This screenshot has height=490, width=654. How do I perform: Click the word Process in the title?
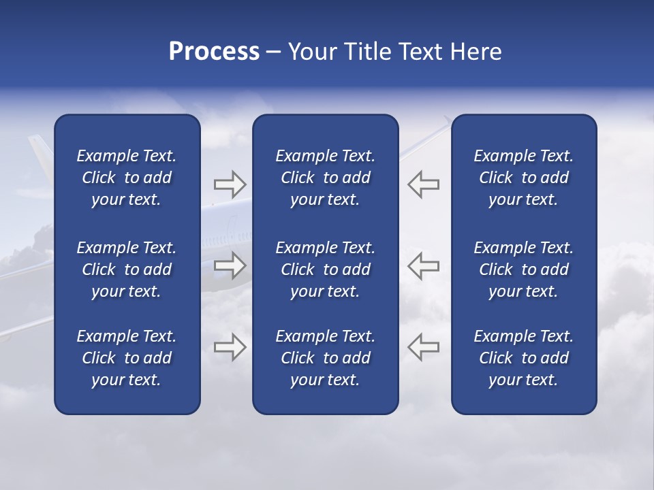[214, 52]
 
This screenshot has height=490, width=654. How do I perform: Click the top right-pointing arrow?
[230, 184]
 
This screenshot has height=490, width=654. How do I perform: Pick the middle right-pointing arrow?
[230, 265]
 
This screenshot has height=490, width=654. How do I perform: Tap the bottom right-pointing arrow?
[230, 347]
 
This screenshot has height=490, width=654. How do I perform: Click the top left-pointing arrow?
[423, 184]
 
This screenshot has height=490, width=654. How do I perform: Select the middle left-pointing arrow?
[423, 265]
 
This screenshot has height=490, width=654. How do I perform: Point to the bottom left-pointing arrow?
[423, 347]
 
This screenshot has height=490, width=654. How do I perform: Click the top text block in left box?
[127, 178]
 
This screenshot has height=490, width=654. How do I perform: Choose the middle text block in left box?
[127, 269]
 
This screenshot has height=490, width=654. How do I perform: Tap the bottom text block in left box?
[127, 358]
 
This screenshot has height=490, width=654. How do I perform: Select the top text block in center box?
[325, 178]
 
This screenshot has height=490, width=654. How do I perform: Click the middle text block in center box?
[325, 269]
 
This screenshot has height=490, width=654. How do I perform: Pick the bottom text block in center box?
[325, 358]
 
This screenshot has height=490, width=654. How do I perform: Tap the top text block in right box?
[523, 178]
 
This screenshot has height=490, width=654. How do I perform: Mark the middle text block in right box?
[523, 269]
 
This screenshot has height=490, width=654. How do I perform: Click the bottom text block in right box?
[523, 358]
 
